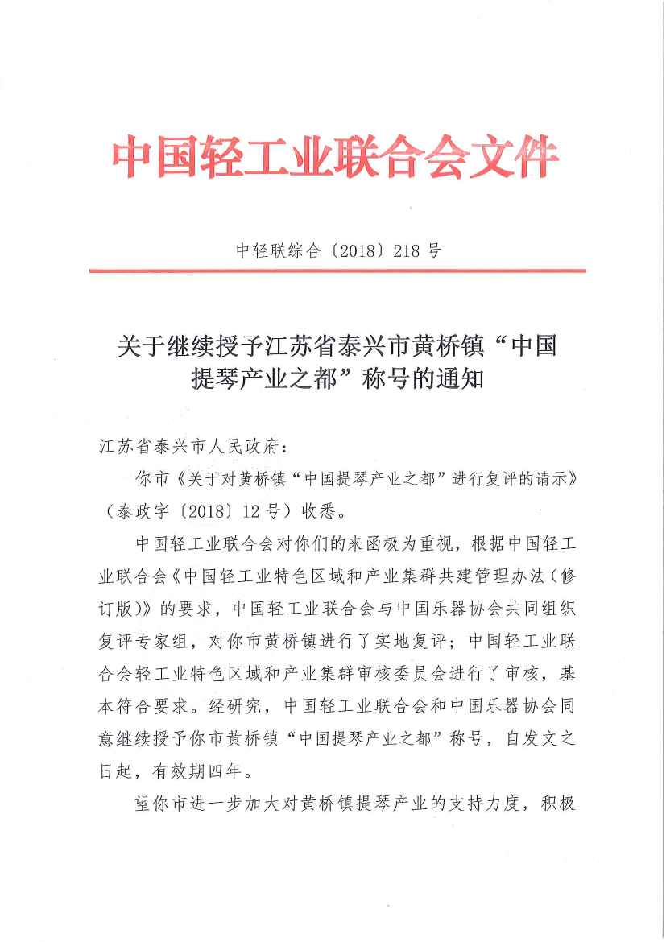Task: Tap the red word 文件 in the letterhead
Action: tap(512, 156)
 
